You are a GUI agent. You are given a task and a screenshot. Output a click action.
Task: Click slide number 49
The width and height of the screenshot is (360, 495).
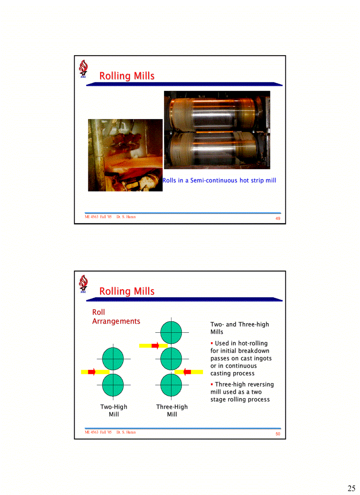(x=278, y=219)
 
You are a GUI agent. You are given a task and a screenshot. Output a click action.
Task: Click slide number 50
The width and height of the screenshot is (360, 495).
(x=278, y=434)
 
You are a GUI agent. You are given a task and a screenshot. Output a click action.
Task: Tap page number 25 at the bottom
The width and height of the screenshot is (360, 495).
(x=351, y=488)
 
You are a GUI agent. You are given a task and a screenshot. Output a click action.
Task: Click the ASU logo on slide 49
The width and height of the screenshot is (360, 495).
(x=83, y=70)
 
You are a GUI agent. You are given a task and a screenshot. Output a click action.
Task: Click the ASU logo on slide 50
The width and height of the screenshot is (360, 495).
(x=83, y=284)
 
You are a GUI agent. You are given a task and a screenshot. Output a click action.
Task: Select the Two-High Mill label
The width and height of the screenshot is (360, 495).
(x=113, y=410)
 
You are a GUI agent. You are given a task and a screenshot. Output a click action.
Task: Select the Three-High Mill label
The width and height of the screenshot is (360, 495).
(x=172, y=410)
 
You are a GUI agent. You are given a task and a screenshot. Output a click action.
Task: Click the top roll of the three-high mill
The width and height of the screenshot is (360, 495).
(x=171, y=332)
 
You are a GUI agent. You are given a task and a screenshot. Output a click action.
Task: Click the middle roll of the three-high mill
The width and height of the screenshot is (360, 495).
(x=171, y=359)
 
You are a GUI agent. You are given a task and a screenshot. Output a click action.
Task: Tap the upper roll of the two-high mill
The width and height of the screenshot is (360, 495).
(x=113, y=359)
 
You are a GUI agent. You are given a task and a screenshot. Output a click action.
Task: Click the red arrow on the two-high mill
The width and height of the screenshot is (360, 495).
(x=92, y=372)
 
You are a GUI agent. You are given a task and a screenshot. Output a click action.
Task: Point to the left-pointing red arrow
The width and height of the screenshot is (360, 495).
(x=187, y=372)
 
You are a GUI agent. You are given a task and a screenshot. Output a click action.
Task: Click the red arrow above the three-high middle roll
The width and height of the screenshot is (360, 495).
(x=155, y=346)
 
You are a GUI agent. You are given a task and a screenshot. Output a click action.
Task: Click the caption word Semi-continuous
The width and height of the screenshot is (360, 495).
(x=214, y=180)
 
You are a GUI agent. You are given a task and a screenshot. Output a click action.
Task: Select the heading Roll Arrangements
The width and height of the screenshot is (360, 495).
(x=116, y=317)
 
